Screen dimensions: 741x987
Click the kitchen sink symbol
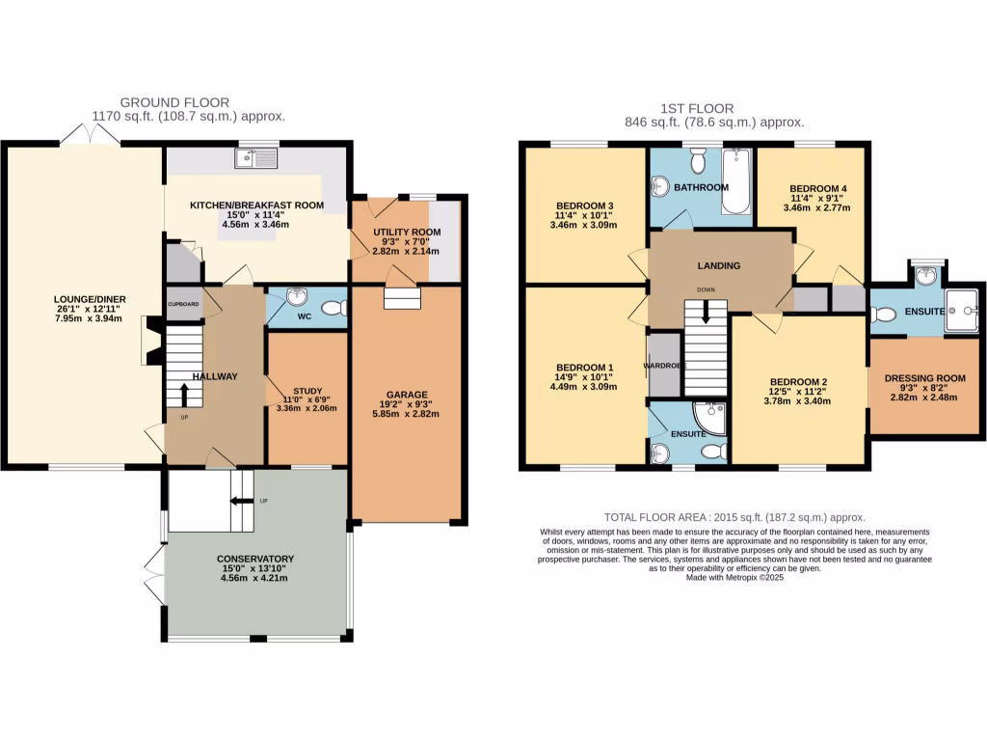tap(256, 157)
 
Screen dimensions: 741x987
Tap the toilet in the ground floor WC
tap(333, 309)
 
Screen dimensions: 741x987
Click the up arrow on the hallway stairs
tap(183, 394)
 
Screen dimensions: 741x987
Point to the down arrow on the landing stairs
tap(707, 312)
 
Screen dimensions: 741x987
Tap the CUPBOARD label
tap(183, 304)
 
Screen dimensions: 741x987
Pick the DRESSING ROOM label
tap(925, 378)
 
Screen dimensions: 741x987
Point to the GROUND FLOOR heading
tap(174, 102)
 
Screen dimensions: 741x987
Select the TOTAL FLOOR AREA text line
tap(734, 517)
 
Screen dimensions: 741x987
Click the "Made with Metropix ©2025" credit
tap(734, 578)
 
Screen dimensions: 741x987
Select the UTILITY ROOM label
tap(407, 233)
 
